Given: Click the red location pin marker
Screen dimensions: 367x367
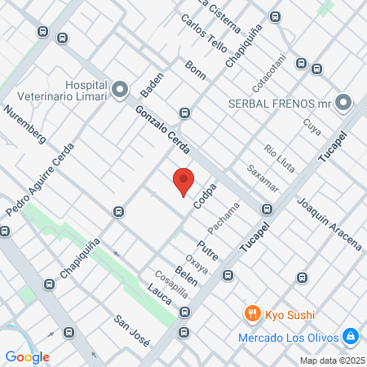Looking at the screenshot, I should coord(183,181).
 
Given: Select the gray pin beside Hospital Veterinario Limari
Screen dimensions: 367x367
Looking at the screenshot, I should coord(120,88).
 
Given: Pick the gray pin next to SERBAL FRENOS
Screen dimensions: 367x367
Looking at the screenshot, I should coord(343,104).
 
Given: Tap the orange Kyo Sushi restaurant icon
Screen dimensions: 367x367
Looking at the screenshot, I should coord(252,314).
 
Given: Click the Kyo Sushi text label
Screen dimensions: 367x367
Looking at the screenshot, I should coord(291,315).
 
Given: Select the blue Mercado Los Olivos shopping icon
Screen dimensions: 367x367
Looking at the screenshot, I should coord(350,336).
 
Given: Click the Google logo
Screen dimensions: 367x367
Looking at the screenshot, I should coord(28,356).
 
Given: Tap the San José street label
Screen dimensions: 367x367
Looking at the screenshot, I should coord(131,329).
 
